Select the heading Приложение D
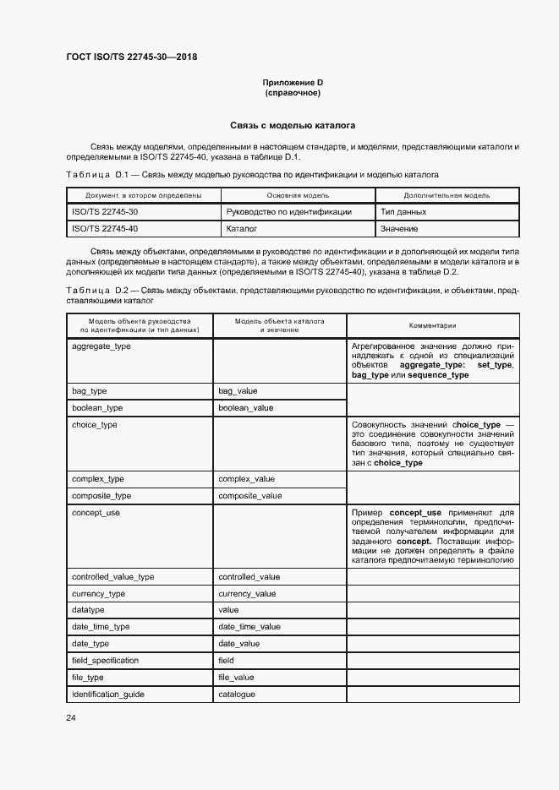coord(293,83)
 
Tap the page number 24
coord(71,718)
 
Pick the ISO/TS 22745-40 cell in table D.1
coord(105,228)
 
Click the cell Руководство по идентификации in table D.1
coord(288,212)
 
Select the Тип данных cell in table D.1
coord(403,212)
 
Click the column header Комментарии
coord(432,325)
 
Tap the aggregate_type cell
coord(101,346)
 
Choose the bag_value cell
coord(238,391)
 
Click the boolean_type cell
coord(97,407)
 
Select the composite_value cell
coord(250,496)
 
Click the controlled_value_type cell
coord(112,577)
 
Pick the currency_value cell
coord(247,593)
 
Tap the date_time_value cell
coord(249,627)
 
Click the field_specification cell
coord(105,660)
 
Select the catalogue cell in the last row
coord(236,694)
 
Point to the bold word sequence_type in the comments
coord(438,375)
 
